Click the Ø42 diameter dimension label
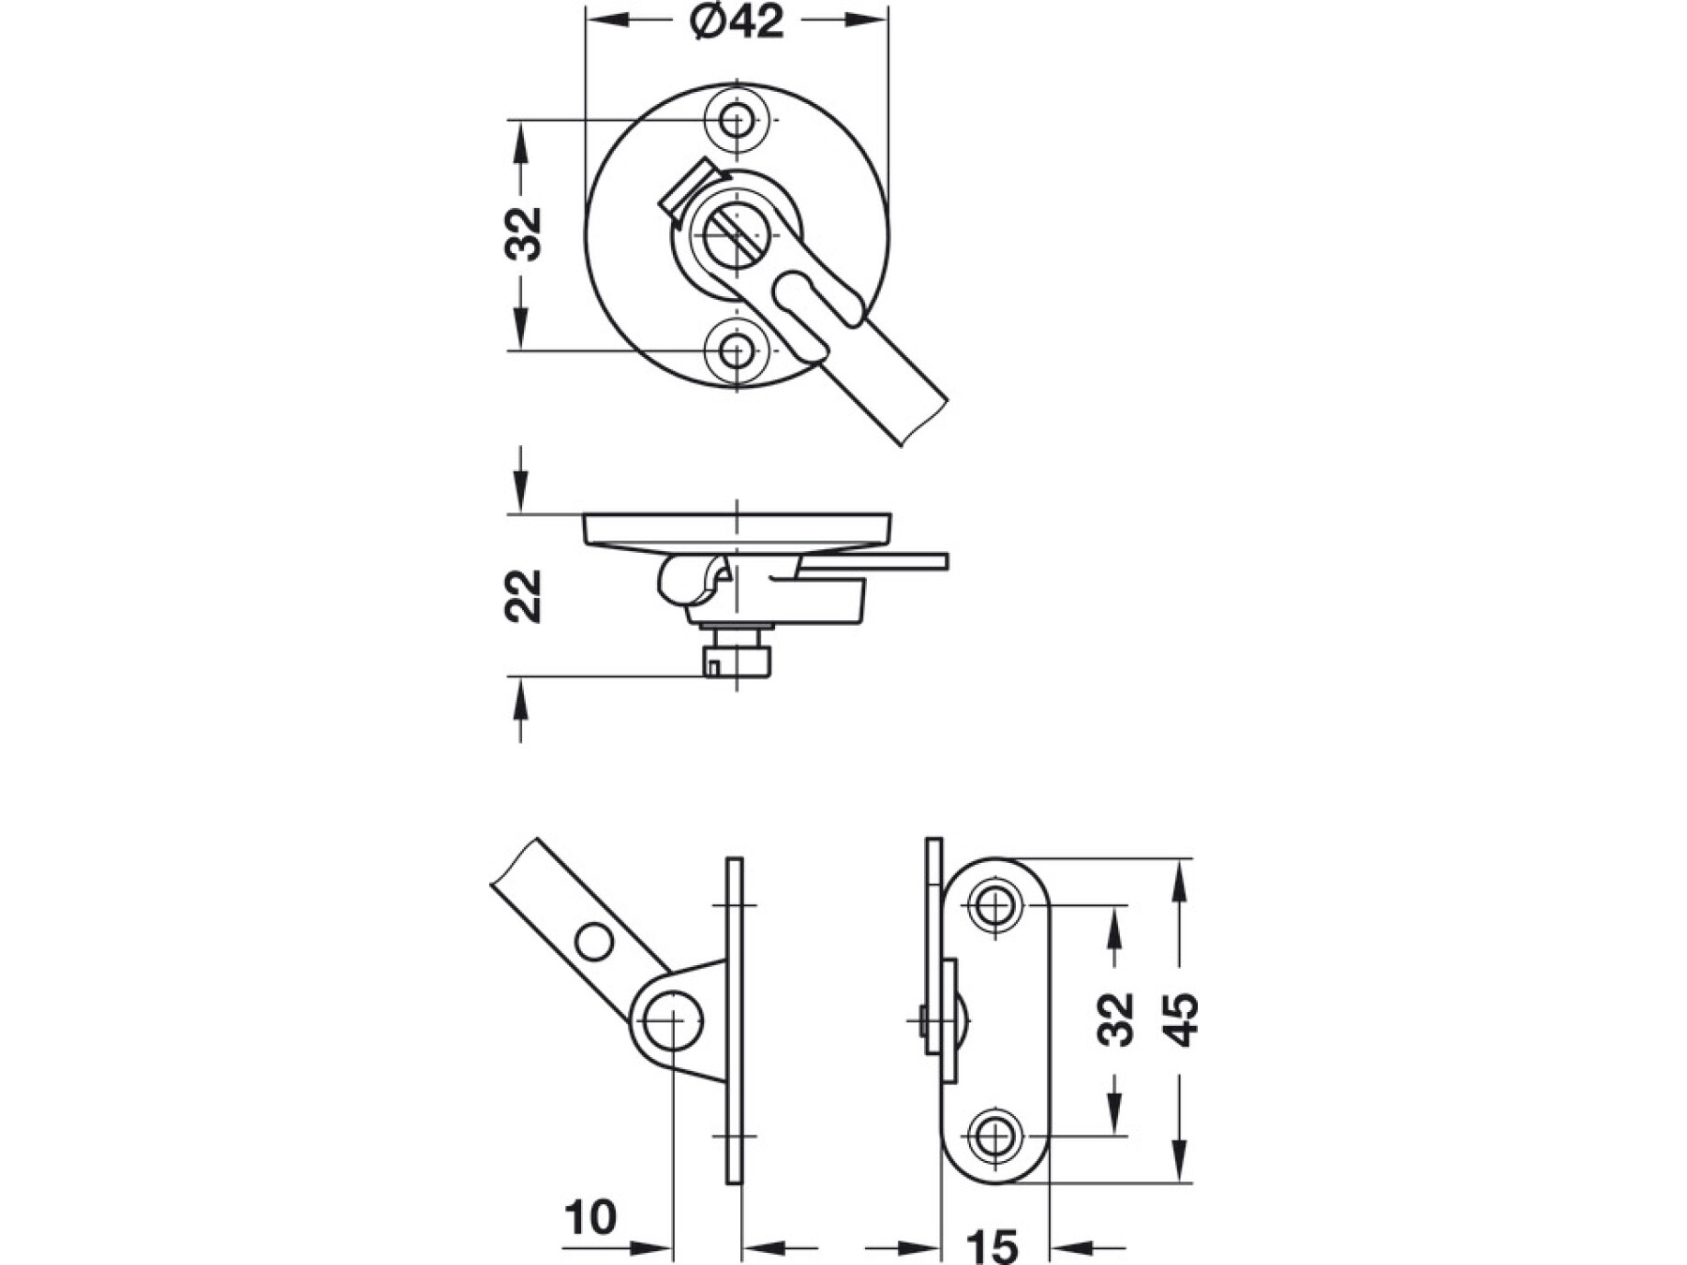pyautogui.click(x=737, y=21)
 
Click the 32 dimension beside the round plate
pyautogui.click(x=523, y=233)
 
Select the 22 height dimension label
pyautogui.click(x=523, y=596)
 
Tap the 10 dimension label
pyautogui.click(x=590, y=1218)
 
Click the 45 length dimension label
pyautogui.click(x=1183, y=1019)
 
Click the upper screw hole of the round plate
pyautogui.click(x=737, y=120)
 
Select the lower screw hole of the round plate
pyautogui.click(x=737, y=351)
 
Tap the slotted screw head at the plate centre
pyautogui.click(x=737, y=234)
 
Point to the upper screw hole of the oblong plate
pyautogui.click(x=994, y=906)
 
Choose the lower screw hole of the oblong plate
pyautogui.click(x=994, y=1137)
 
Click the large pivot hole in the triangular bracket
pyautogui.click(x=673, y=1020)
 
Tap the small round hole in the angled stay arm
pyautogui.click(x=594, y=942)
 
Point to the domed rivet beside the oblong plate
pyautogui.click(x=962, y=1019)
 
